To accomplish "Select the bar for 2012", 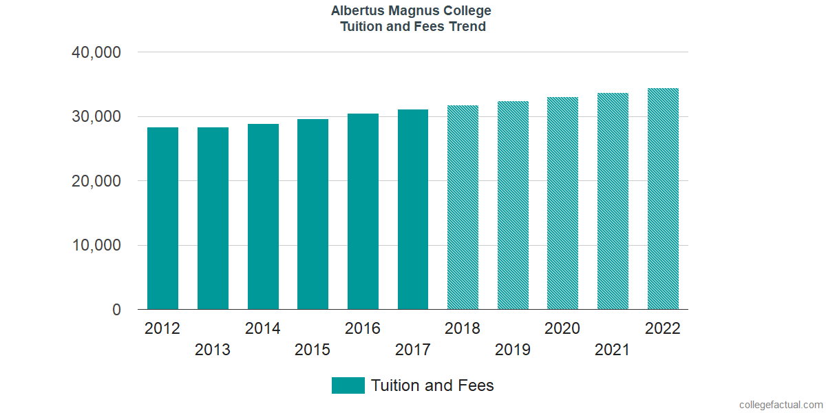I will (162, 218).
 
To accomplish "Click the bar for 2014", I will (263, 217).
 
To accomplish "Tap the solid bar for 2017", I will (413, 209).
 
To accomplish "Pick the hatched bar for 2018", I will (463, 207).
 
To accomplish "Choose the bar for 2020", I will (562, 203).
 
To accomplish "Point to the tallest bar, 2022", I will (663, 199).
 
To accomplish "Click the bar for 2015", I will (313, 214).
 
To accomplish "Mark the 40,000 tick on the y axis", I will (96, 52).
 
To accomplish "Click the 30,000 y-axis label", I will (96, 117).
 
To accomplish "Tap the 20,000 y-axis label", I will (96, 181).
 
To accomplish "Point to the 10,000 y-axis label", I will (96, 246).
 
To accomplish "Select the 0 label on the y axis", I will (116, 310).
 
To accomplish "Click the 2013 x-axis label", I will (213, 350).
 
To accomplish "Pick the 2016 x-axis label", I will (363, 328).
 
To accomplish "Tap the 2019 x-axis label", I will (513, 350).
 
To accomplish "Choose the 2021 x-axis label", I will (613, 350).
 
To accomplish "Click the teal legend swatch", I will (348, 385).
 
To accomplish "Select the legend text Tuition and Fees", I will (432, 385).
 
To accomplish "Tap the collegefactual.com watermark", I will (781, 405).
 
